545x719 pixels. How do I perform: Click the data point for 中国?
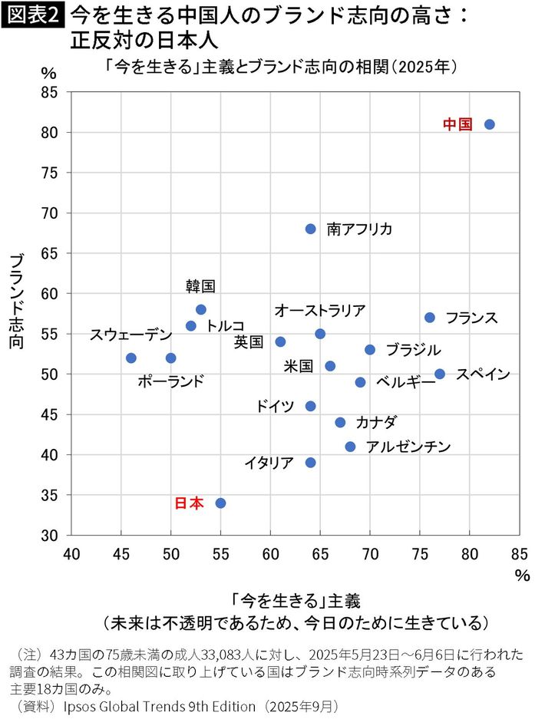pyautogui.click(x=490, y=124)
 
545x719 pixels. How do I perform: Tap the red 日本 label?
pyautogui.click(x=190, y=503)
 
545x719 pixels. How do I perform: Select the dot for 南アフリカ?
pyautogui.click(x=310, y=229)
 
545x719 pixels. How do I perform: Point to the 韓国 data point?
pyautogui.click(x=201, y=309)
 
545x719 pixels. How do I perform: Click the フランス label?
pyautogui.click(x=471, y=318)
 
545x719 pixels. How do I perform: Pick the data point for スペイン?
pyautogui.click(x=440, y=374)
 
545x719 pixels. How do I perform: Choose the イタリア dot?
pyautogui.click(x=310, y=463)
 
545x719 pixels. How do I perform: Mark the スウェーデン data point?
pyautogui.click(x=131, y=358)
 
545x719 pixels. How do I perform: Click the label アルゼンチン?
pyautogui.click(x=408, y=447)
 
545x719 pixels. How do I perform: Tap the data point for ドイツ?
pyautogui.click(x=310, y=406)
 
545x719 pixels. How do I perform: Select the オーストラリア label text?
pyautogui.click(x=320, y=310)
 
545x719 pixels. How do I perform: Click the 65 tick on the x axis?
pyautogui.click(x=270, y=553)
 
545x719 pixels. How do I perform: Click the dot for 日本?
pyautogui.click(x=220, y=503)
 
